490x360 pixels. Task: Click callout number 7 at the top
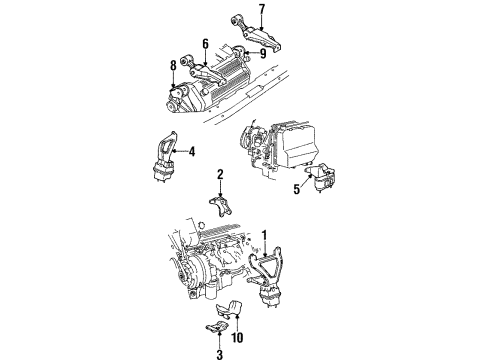(x=261, y=11)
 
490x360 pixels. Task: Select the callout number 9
(x=263, y=53)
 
